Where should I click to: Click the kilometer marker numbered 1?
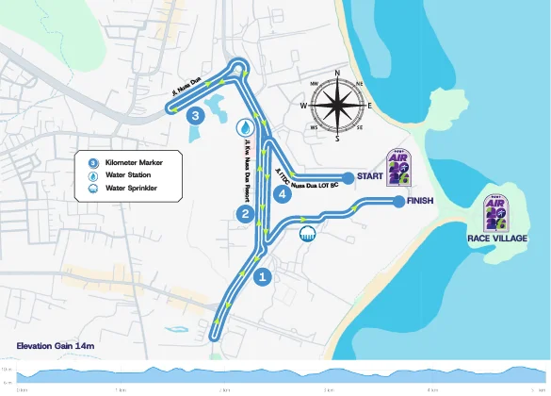tap(263, 277)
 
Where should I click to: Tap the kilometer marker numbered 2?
tap(245, 215)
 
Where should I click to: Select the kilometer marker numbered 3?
tap(195, 116)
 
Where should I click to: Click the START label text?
tap(370, 177)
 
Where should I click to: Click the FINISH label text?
tap(420, 201)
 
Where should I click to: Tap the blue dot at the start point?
tap(348, 177)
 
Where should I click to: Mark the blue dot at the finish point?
tap(398, 201)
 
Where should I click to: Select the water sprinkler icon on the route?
tap(307, 234)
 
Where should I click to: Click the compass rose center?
tap(337, 105)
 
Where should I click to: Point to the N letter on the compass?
tap(337, 74)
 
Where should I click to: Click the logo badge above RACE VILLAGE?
tap(496, 213)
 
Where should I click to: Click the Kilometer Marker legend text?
tap(134, 163)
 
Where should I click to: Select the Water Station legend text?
tap(128, 175)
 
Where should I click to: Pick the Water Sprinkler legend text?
tap(131, 188)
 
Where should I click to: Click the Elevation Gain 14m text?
tap(56, 347)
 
